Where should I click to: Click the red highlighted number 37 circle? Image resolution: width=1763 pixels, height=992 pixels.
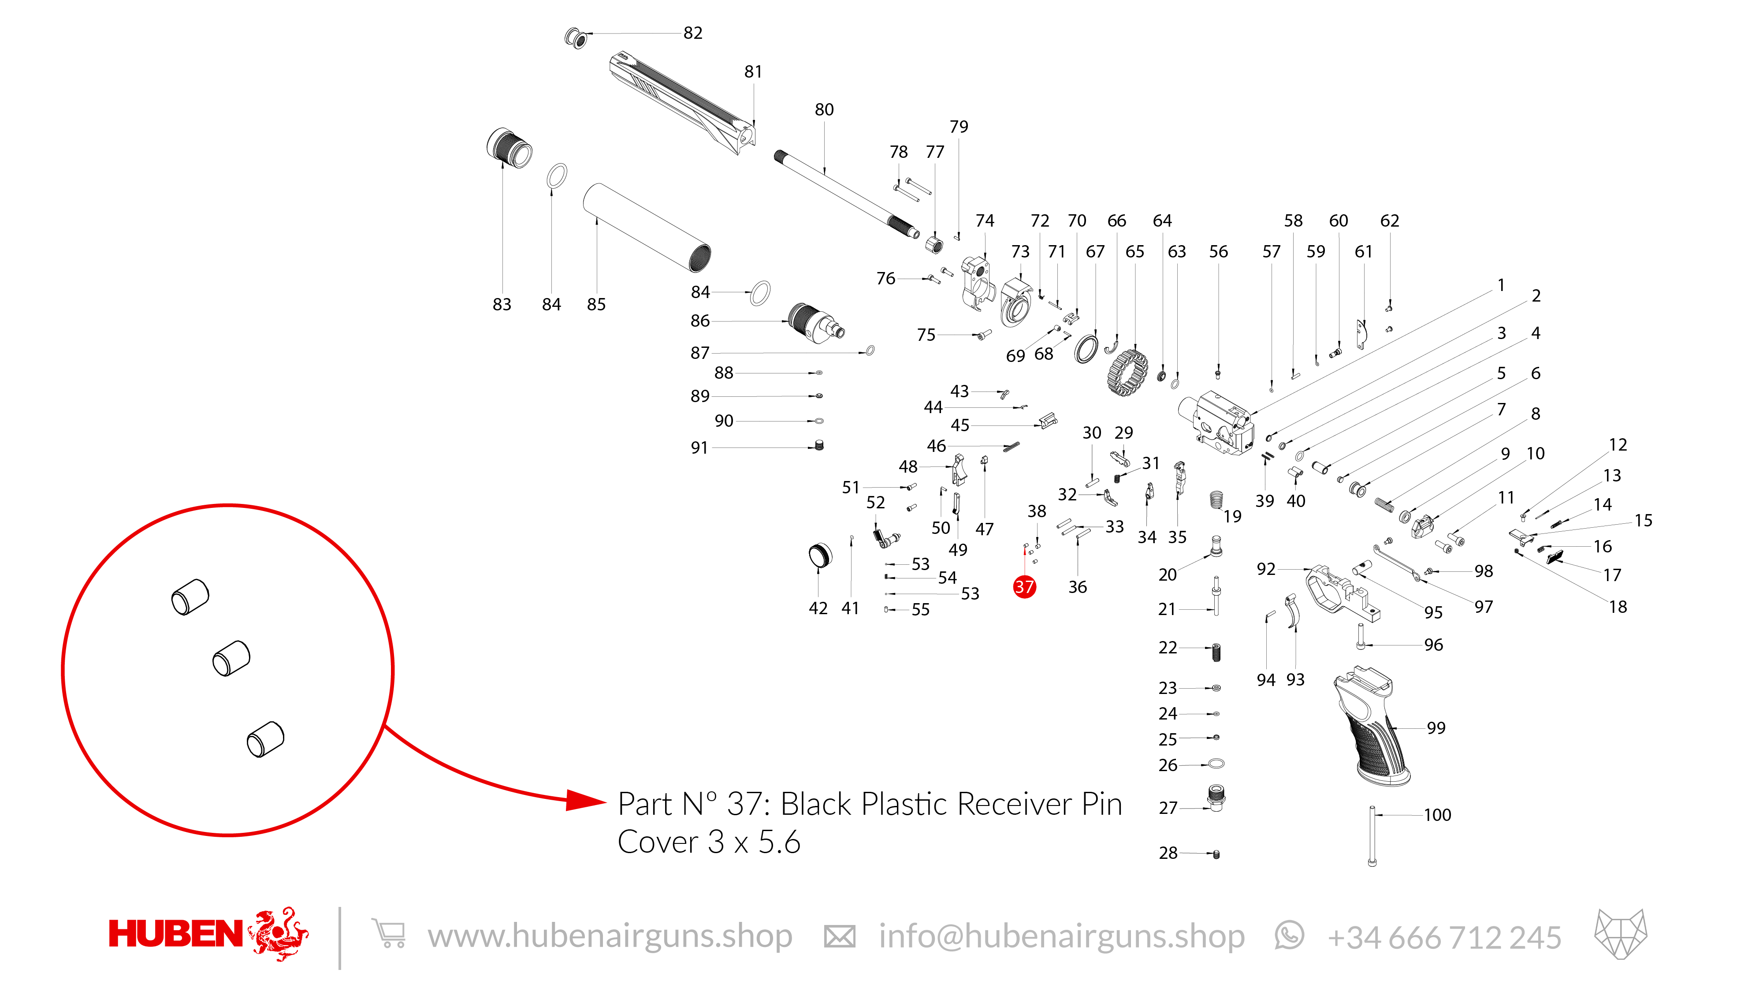[1024, 587]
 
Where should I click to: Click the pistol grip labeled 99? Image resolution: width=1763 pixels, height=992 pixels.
[1369, 729]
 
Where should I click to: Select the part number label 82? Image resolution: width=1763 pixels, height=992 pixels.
[692, 33]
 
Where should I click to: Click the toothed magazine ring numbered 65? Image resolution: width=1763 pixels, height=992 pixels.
[1127, 373]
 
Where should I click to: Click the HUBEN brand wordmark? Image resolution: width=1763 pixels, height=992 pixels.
[175, 935]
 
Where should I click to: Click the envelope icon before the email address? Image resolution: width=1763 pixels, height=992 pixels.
[839, 936]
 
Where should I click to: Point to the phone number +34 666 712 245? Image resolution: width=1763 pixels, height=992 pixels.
[1444, 937]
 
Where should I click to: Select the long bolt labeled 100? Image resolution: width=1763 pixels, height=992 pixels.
[1372, 837]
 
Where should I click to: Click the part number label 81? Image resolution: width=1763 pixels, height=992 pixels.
[753, 72]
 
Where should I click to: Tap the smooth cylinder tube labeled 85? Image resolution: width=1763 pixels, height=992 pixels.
[646, 227]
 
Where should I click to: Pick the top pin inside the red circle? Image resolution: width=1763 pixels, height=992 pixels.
[190, 597]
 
